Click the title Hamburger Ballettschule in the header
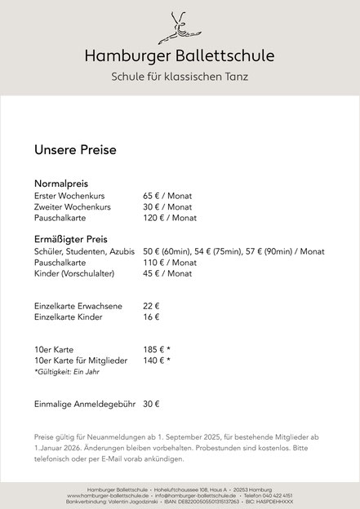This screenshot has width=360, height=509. (x=180, y=55)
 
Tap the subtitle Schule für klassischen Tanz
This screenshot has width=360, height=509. (x=180, y=77)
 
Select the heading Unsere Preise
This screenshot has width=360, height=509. (x=75, y=150)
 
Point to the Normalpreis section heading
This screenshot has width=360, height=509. (x=61, y=184)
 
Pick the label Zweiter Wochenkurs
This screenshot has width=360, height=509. (x=72, y=208)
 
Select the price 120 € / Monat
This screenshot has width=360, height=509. (x=170, y=219)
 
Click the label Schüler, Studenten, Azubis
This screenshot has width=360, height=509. (x=84, y=252)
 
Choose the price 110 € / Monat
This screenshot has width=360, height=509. (x=170, y=263)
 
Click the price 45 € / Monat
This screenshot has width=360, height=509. (x=167, y=274)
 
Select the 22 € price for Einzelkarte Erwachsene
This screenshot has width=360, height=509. (x=151, y=305)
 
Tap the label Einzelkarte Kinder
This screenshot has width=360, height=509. (x=69, y=316)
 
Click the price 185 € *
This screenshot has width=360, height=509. (x=157, y=349)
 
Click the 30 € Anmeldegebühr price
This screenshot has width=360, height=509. (x=151, y=403)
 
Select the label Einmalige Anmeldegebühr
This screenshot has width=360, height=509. (x=82, y=403)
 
